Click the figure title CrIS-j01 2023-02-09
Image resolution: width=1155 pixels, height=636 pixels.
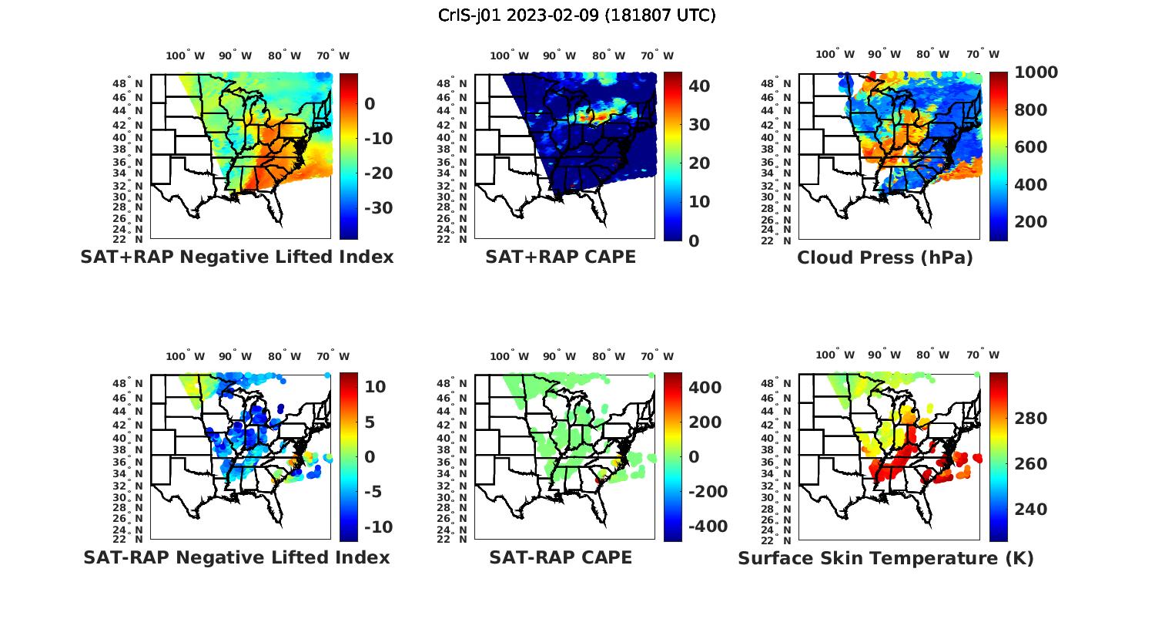(x=577, y=15)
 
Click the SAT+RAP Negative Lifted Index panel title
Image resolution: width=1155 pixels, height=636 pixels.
(x=237, y=257)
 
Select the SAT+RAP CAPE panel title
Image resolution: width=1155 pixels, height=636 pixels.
(x=561, y=257)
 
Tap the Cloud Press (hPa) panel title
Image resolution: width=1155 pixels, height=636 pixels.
(x=885, y=257)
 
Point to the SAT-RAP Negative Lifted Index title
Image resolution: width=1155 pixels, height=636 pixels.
(x=236, y=557)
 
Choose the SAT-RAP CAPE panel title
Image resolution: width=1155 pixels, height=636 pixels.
(x=561, y=557)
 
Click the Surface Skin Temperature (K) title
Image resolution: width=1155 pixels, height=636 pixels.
(x=885, y=558)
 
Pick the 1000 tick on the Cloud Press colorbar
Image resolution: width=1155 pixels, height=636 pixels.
(x=1036, y=72)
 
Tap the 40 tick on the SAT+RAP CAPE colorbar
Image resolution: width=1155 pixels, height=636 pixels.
(x=699, y=86)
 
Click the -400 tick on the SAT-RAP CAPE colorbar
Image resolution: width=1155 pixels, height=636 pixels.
(x=702, y=527)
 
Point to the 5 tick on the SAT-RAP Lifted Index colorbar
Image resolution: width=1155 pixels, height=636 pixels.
(x=369, y=422)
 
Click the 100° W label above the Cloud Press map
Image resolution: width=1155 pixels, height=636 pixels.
(x=835, y=55)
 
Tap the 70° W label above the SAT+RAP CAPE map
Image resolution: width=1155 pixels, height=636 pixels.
(x=658, y=56)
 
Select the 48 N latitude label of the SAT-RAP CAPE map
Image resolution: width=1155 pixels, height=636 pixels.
(x=452, y=384)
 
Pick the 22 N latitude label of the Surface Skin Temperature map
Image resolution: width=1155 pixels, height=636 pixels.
(x=776, y=540)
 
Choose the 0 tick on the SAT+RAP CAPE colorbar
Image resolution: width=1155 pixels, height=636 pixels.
(x=694, y=241)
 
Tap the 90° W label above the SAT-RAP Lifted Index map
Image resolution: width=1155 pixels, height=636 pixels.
(x=235, y=356)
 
